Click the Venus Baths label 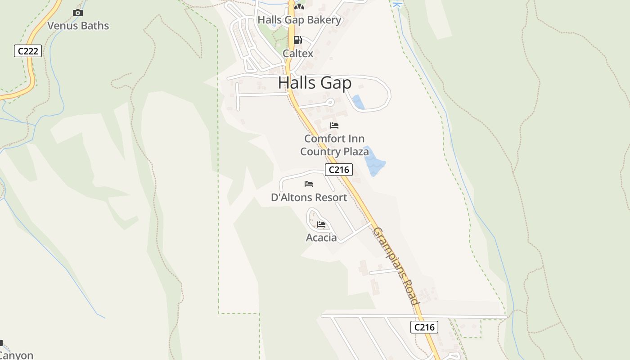tap(78, 26)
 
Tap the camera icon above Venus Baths tap(78, 13)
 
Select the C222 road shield tap(28, 51)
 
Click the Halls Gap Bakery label tap(299, 20)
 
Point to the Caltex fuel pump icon tap(297, 40)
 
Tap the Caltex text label tap(298, 54)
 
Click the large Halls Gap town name tap(315, 83)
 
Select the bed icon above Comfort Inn tap(334, 126)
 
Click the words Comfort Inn tap(334, 139)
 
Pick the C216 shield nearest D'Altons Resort tap(338, 170)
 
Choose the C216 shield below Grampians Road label tap(424, 327)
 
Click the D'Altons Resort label tap(309, 198)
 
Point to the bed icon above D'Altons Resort tap(309, 184)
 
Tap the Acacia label tap(321, 238)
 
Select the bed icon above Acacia tap(321, 224)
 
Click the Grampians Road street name tap(396, 266)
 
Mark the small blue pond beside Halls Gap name tap(358, 102)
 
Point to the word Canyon tap(17, 355)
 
